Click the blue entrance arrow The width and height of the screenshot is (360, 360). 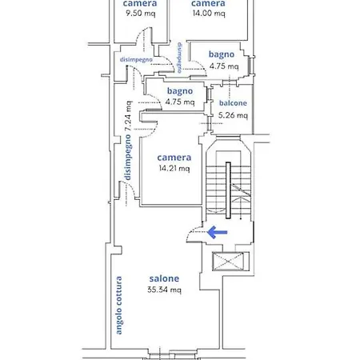[x=217, y=232]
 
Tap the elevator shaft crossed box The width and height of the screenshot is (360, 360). [x=228, y=261]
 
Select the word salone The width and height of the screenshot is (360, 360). [x=164, y=278]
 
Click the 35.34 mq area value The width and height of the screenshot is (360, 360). [x=164, y=290]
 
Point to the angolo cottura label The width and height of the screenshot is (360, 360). [x=118, y=306]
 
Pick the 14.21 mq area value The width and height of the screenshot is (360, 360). [x=174, y=168]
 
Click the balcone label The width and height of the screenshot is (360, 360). [x=233, y=103]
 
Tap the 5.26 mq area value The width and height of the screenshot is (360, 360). [x=233, y=115]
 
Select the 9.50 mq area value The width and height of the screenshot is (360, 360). [x=141, y=13]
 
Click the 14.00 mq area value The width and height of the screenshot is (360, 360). [x=209, y=13]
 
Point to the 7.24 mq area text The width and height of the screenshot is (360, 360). [x=128, y=115]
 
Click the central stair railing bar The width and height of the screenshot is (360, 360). [x=228, y=190]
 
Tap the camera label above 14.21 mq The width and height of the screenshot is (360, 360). [x=174, y=158]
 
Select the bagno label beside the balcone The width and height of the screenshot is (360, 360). [x=180, y=91]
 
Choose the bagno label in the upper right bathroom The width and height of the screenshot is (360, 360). [x=222, y=54]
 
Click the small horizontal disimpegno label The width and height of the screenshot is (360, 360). [x=136, y=59]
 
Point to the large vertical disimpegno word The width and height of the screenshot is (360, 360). [x=128, y=157]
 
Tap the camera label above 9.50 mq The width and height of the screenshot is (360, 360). [x=140, y=3]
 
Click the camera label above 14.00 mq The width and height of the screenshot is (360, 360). [x=208, y=3]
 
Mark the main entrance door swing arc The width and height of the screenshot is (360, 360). [x=190, y=231]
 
